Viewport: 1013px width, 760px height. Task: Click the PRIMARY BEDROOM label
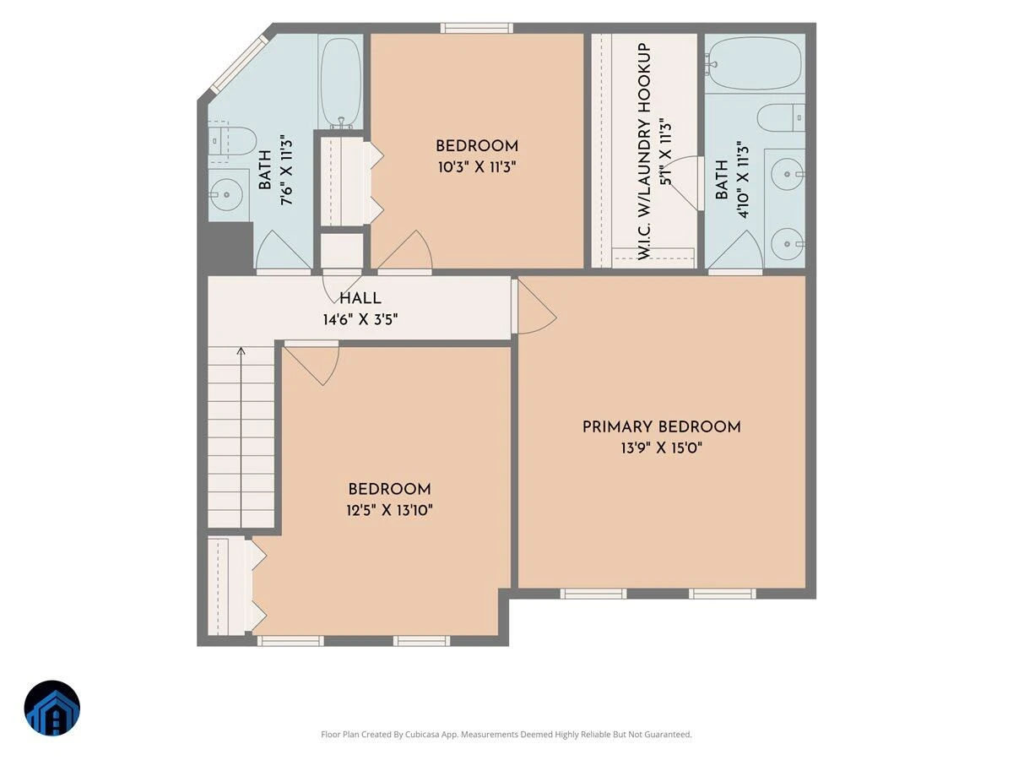(661, 426)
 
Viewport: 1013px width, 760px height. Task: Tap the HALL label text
(360, 298)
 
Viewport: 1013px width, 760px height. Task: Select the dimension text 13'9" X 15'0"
(661, 448)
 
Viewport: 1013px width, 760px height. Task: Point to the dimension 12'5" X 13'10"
(389, 510)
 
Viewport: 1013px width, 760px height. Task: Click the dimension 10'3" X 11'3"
(477, 166)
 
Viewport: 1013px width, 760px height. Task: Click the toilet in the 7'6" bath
(231, 141)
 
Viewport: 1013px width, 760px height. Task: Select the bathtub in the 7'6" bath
(340, 83)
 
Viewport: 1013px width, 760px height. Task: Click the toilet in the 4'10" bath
(781, 117)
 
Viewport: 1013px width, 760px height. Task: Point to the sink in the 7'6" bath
(226, 195)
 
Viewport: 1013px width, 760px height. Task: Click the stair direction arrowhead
(241, 351)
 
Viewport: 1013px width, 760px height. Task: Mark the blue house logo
(52, 708)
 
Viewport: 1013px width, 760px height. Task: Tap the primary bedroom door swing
(537, 306)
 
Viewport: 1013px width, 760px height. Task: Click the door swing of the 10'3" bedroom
(405, 249)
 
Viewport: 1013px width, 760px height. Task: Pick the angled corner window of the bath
(239, 63)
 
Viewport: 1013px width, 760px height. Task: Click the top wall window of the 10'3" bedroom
(476, 28)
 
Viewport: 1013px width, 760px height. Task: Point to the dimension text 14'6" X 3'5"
(360, 319)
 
